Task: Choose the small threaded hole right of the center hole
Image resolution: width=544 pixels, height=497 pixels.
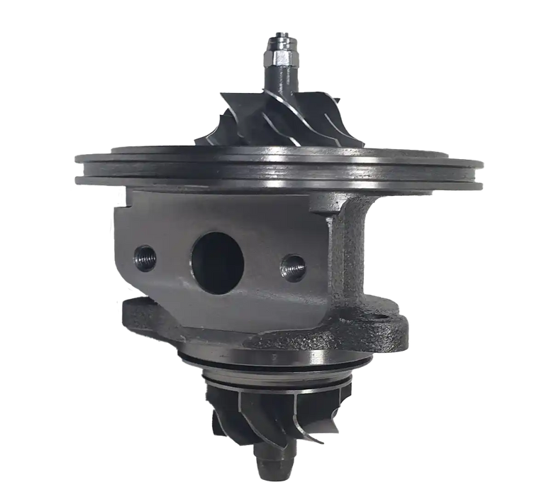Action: point(293,266)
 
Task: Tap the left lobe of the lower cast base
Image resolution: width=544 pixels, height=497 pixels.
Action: point(135,312)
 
